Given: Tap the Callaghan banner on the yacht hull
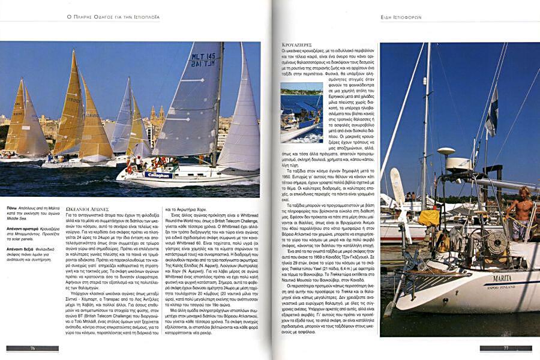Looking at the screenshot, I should click(158, 175).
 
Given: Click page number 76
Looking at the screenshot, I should click(32, 348).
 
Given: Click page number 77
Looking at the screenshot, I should click(506, 348).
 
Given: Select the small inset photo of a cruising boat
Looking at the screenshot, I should click(301, 112).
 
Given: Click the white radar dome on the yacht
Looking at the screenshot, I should click(446, 152).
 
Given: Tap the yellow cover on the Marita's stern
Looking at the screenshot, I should click(428, 217).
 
